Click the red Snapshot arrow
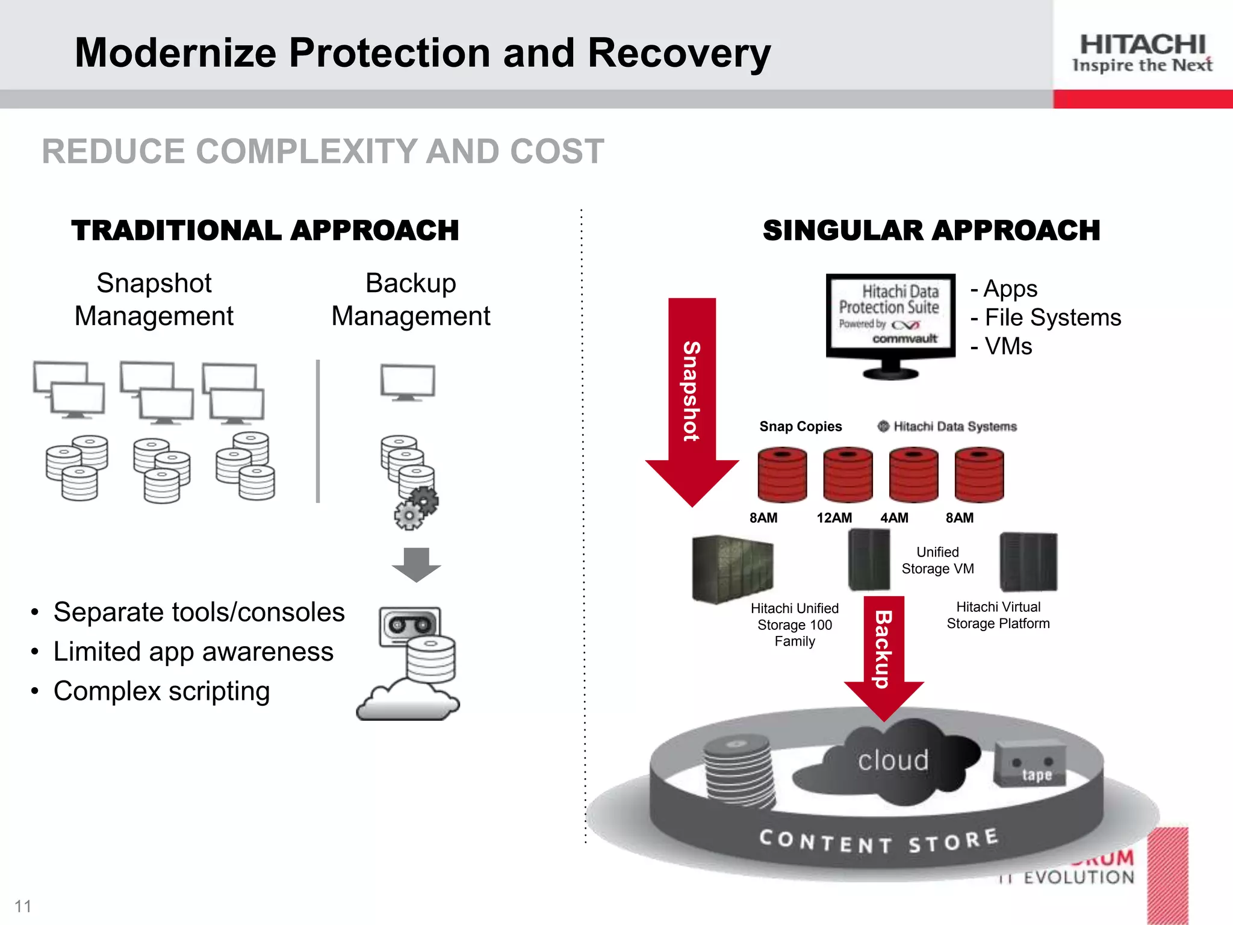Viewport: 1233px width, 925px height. pos(692,397)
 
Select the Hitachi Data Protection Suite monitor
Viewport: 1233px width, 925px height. pos(890,319)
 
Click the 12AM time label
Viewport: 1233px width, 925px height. pos(834,518)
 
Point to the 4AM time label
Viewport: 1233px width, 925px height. pos(894,518)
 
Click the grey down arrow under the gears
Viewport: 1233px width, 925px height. pos(416,564)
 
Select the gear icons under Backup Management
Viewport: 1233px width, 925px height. pos(417,508)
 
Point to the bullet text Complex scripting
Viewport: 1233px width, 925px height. pos(161,691)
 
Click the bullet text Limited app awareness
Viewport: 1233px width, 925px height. pos(193,652)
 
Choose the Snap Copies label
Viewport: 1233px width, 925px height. pos(800,426)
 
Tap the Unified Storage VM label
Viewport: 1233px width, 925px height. pos(937,560)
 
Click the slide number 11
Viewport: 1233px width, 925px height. pos(23,906)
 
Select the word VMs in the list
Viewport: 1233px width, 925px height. pos(1008,346)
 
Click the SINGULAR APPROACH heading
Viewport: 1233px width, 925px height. pos(931,231)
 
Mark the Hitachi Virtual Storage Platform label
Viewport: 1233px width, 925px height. pos(998,615)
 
